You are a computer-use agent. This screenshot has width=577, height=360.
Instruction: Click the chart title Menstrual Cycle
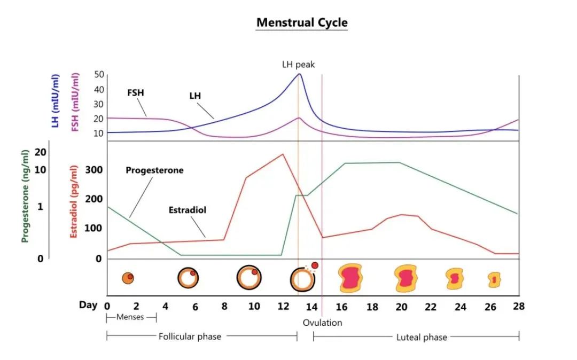click(x=302, y=22)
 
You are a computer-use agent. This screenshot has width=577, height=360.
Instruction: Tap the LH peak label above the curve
click(x=299, y=65)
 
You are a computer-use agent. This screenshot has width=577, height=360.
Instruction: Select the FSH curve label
click(x=136, y=93)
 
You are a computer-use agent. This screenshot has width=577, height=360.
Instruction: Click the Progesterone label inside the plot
click(x=154, y=170)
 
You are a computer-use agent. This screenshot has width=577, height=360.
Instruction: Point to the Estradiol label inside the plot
click(x=187, y=210)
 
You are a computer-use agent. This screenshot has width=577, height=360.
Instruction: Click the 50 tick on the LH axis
click(x=98, y=75)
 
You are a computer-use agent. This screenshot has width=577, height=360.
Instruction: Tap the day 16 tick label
click(x=342, y=307)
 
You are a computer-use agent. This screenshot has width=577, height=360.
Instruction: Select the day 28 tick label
click(x=518, y=307)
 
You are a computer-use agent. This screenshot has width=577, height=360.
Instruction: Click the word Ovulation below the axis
click(x=322, y=323)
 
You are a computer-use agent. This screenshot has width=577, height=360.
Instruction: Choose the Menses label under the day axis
click(x=131, y=318)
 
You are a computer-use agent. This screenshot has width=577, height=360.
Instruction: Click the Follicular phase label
click(x=190, y=336)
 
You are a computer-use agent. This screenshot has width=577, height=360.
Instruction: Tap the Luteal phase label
click(x=422, y=337)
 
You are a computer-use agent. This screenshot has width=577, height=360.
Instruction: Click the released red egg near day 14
click(x=315, y=265)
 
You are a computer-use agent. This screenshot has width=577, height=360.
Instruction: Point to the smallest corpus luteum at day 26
click(x=494, y=279)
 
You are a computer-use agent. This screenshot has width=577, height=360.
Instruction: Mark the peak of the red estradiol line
click(x=283, y=154)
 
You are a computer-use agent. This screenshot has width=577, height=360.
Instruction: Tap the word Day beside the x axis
click(x=88, y=305)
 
